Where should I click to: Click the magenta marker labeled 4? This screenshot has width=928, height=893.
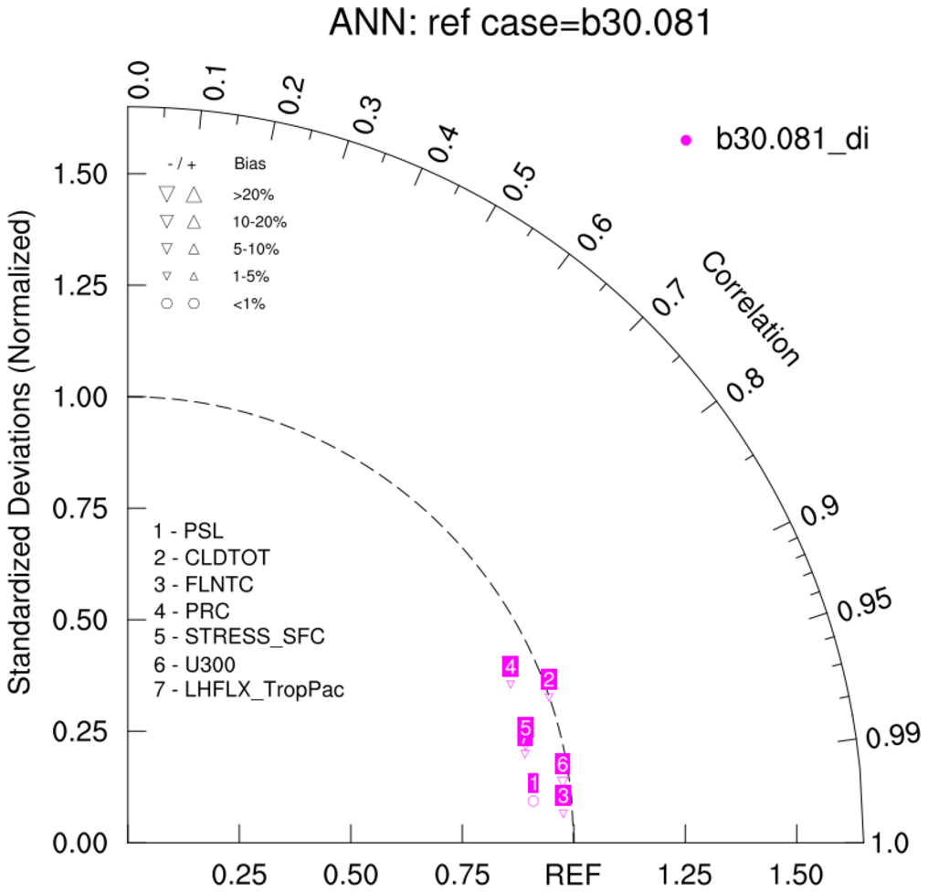tap(511, 684)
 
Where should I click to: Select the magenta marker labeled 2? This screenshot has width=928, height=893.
tap(549, 696)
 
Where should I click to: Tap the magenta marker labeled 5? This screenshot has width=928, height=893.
tap(525, 753)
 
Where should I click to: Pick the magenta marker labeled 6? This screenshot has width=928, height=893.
tap(563, 780)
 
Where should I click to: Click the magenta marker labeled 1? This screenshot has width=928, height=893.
tap(533, 801)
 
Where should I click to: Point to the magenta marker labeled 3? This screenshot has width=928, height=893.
tap(564, 813)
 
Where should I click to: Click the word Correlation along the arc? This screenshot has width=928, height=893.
tap(750, 310)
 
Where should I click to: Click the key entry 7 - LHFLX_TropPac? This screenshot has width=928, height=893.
tap(249, 690)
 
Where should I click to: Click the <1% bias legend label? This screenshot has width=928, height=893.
tap(249, 303)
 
